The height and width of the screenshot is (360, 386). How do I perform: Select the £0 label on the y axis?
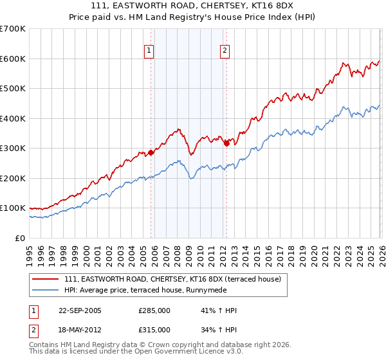[21, 238]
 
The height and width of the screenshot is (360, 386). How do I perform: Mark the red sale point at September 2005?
[151, 153]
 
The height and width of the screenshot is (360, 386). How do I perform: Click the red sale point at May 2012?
[226, 144]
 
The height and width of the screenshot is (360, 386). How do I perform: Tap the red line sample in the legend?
[46, 279]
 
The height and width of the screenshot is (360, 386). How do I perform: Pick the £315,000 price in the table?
[154, 329]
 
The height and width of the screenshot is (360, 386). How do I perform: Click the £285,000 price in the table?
[154, 310]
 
